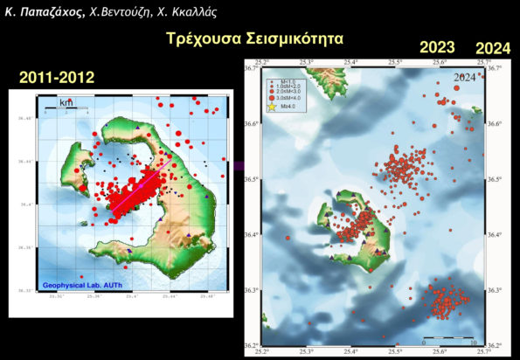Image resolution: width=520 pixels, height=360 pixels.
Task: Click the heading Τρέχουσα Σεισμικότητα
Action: [x=254, y=39]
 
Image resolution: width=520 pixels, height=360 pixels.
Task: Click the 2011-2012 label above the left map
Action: [x=57, y=79]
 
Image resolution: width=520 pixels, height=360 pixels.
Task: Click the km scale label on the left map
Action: [x=66, y=102]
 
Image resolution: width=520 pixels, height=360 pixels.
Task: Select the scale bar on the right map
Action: [x=447, y=337]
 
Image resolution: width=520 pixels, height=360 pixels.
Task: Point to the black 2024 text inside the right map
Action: [x=465, y=78]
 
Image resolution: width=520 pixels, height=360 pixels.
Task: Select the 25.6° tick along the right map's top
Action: [x=440, y=63]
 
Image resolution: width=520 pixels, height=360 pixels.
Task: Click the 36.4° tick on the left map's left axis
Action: [x=25, y=204]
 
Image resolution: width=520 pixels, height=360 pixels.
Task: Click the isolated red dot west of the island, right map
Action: [x=287, y=237]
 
